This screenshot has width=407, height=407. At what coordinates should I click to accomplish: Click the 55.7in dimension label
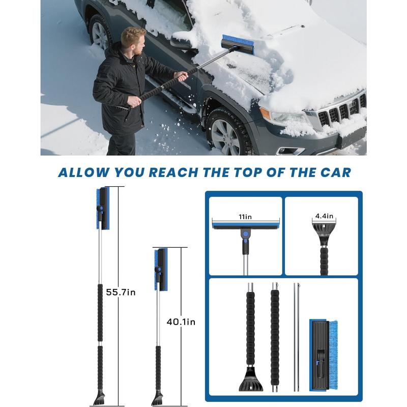point(121,293)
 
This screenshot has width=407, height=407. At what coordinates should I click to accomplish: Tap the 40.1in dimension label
point(181,322)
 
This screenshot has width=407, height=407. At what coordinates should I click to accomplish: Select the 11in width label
point(245,217)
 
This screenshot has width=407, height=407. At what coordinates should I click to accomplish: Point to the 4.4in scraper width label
point(324,216)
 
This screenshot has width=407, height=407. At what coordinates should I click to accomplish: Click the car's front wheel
point(226,133)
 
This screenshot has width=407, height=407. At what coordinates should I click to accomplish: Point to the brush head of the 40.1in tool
point(161,269)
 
